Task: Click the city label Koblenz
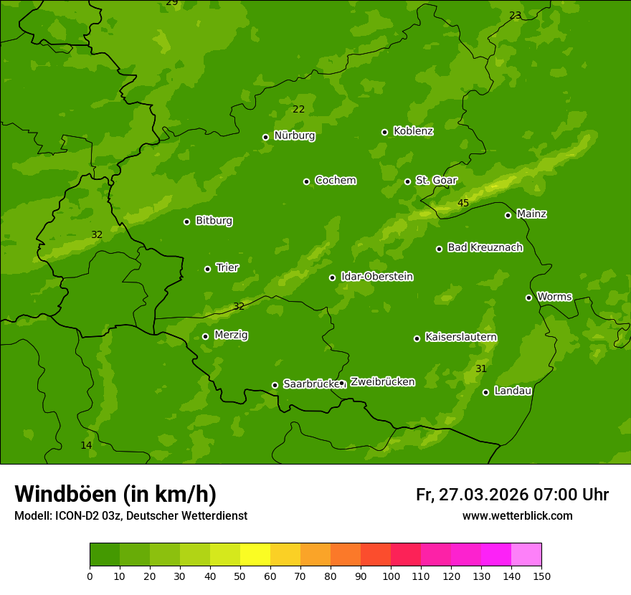point(413,131)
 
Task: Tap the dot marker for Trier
point(208,269)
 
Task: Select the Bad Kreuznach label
point(485,247)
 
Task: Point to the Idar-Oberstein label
point(376,277)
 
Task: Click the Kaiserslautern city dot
point(417,338)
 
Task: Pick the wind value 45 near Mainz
point(463,204)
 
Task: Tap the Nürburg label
point(294,135)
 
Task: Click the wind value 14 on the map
point(86,446)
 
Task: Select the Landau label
point(513,391)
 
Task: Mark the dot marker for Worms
point(529,297)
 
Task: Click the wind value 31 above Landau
point(481,369)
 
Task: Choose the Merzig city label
point(231,335)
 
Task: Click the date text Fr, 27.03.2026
point(473,495)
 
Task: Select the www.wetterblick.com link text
point(518,516)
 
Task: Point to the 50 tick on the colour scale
point(240,576)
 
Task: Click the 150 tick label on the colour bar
point(541,576)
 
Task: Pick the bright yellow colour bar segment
point(255,555)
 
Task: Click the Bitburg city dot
point(187,222)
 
